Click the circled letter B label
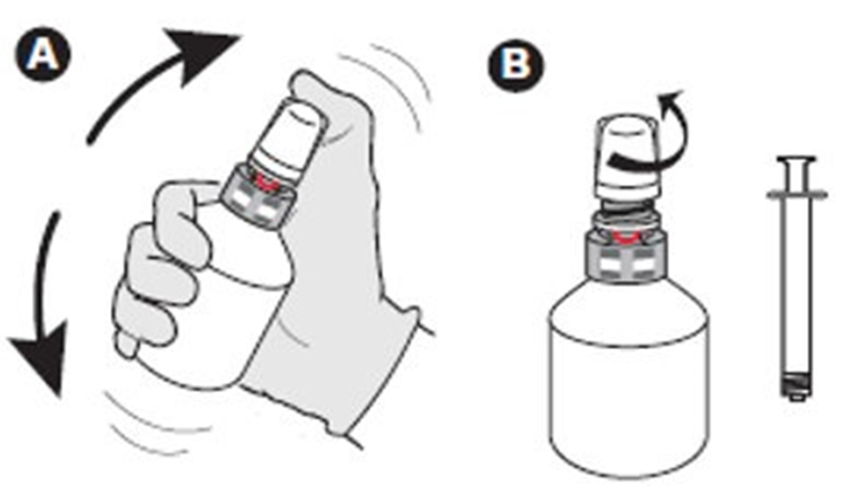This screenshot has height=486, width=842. click(516, 63)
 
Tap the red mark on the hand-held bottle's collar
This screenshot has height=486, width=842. click(268, 178)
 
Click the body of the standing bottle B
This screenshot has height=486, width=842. click(627, 383)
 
